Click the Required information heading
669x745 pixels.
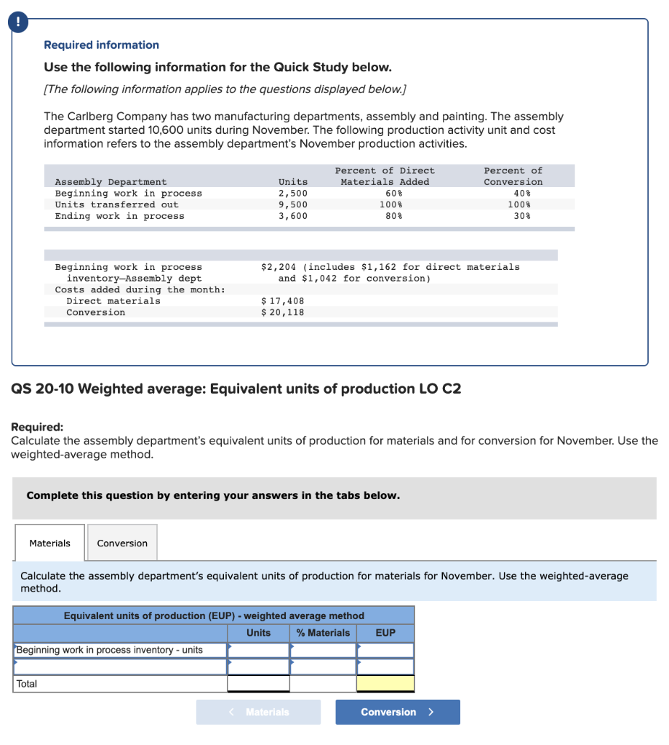101,45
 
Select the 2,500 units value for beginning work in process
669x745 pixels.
293,194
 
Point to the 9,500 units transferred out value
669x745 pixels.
293,204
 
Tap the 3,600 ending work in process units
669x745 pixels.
293,216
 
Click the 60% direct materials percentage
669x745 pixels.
385,194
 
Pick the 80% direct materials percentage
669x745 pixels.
385,216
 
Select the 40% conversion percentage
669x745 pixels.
521,194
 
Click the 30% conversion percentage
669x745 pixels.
521,216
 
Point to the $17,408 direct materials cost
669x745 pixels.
282,301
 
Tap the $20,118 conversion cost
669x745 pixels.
282,313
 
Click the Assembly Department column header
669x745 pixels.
111,182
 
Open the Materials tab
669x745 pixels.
49,543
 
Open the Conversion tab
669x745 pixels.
122,543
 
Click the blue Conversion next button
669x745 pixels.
397,712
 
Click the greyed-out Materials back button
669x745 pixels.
258,712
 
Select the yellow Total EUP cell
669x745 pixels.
385,684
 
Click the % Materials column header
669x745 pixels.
323,633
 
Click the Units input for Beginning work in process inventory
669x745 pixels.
258,650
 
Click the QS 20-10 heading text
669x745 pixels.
236,389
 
